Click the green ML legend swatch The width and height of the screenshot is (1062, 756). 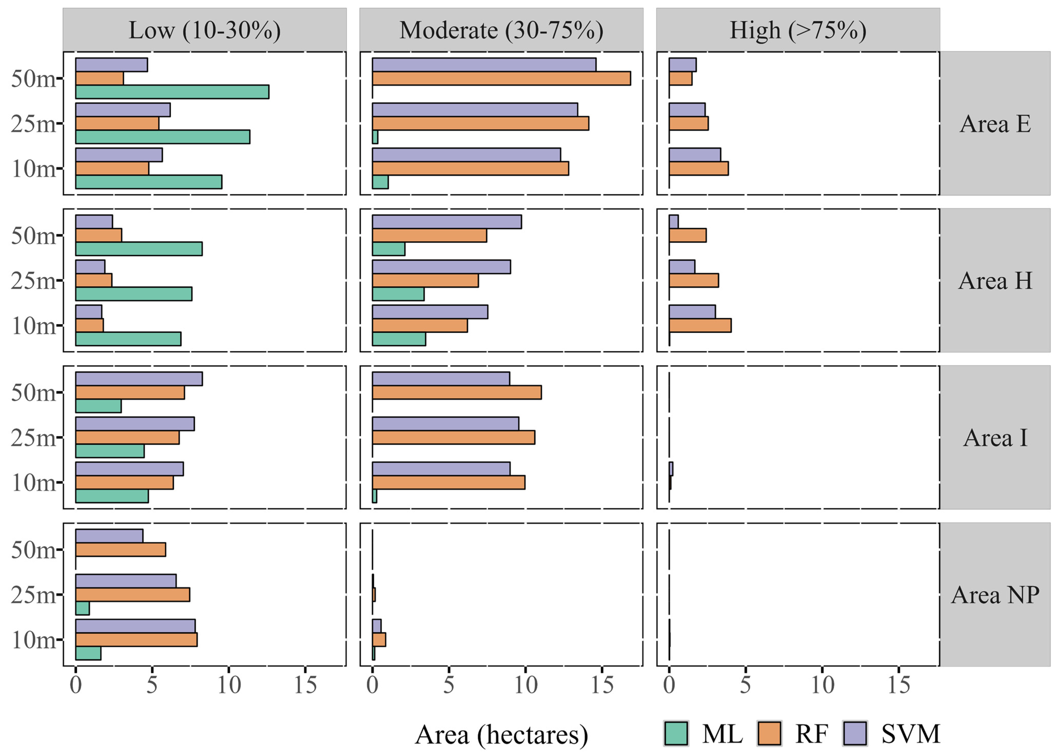click(676, 734)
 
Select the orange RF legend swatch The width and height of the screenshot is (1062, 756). click(769, 734)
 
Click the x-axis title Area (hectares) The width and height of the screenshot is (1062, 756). click(501, 735)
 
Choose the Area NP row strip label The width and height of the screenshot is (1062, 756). click(995, 594)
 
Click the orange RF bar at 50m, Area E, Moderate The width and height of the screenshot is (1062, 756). click(501, 79)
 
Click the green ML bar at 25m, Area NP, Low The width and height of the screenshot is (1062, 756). click(82, 608)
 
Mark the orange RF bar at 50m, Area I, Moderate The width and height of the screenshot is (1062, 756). click(456, 392)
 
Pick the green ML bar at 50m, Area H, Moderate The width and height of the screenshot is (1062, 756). click(388, 249)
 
